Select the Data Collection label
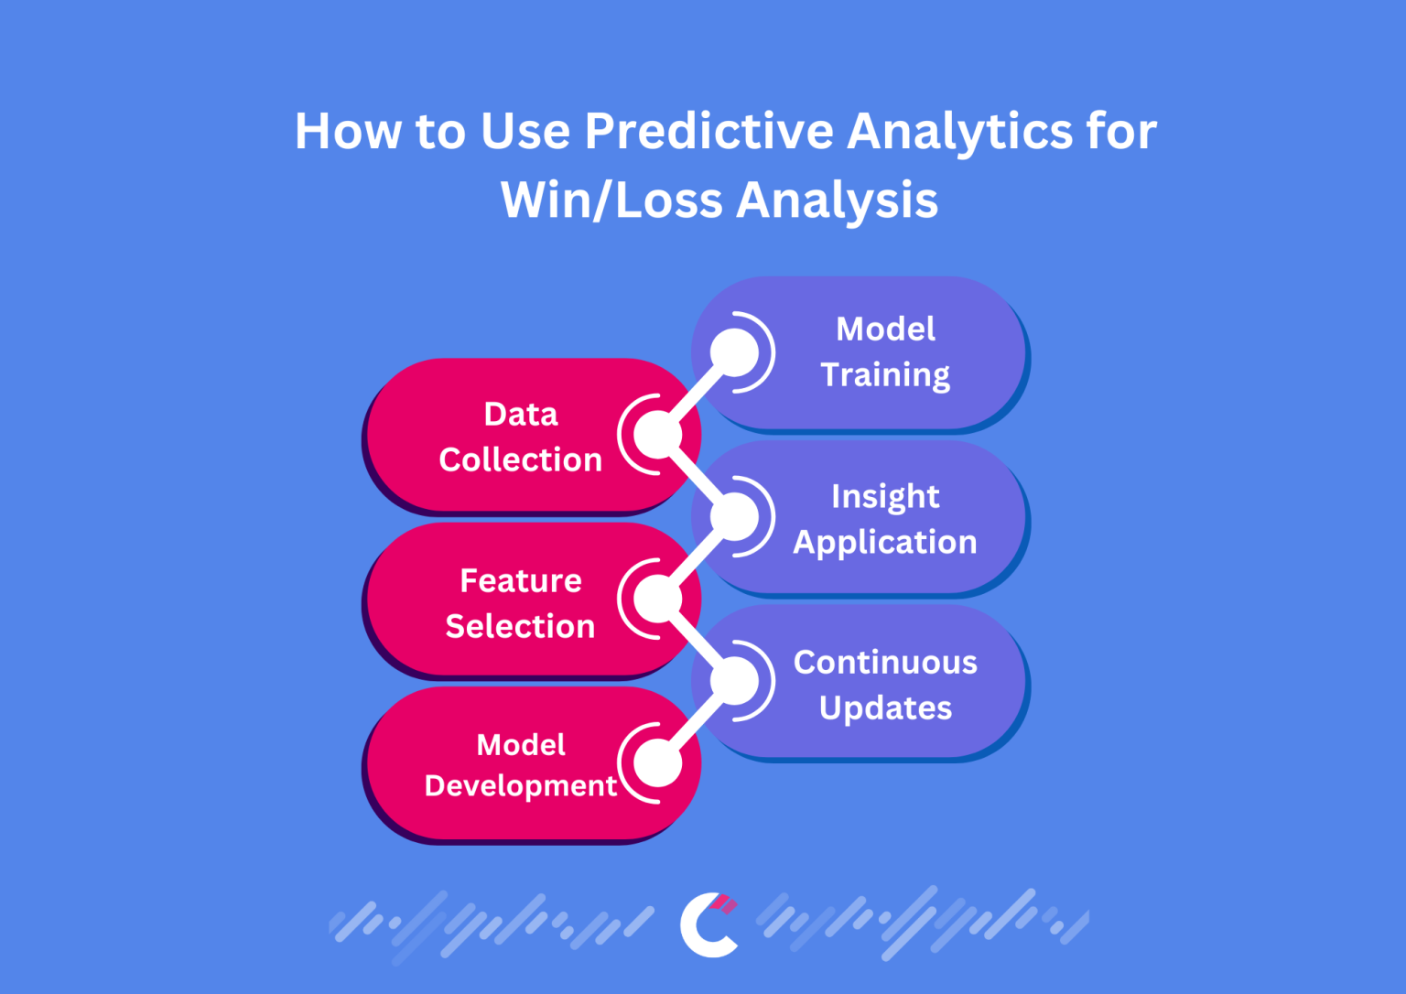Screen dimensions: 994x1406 pos(520,437)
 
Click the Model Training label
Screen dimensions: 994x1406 pos(885,351)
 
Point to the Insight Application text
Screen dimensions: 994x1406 pos(885,519)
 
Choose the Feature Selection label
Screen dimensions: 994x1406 pos(520,603)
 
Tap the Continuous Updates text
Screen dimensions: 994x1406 pos(885,685)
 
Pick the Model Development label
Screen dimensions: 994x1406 pos(520,765)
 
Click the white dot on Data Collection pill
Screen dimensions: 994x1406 pos(657,435)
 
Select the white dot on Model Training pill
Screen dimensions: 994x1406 pos(735,352)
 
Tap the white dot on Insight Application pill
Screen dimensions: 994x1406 pos(735,517)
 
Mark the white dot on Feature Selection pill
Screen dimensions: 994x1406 pos(657,600)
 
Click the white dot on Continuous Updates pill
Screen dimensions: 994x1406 pos(735,681)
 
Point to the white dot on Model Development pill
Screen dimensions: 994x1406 pos(657,763)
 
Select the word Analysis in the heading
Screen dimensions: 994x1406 pos(837,200)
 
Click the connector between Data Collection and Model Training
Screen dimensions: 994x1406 pos(697,394)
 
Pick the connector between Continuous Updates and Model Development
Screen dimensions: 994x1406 pos(697,722)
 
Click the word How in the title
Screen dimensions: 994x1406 pos(347,131)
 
